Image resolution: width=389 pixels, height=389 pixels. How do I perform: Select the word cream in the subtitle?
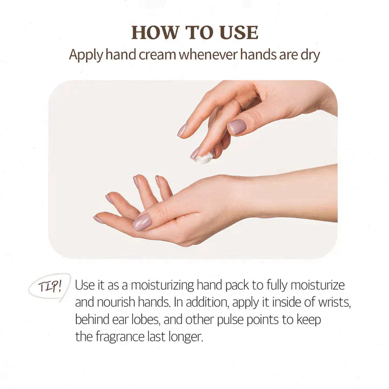point(157,55)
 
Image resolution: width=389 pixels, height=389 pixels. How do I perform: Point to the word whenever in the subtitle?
point(208,55)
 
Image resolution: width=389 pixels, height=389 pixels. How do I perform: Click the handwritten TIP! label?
point(50,287)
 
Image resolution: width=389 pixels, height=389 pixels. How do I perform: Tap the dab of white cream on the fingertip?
point(204,158)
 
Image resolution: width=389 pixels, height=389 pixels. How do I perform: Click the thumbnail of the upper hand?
point(237,127)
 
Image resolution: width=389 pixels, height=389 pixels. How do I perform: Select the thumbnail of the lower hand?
point(142,222)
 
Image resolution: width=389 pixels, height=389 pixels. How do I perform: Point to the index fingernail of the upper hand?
point(182,130)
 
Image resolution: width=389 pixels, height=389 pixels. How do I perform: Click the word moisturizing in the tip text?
point(163,286)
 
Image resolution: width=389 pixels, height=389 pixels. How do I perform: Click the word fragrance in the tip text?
point(120,337)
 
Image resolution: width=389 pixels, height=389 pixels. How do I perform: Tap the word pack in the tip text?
point(237,286)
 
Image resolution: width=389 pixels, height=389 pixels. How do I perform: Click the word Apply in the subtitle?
point(86,55)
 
